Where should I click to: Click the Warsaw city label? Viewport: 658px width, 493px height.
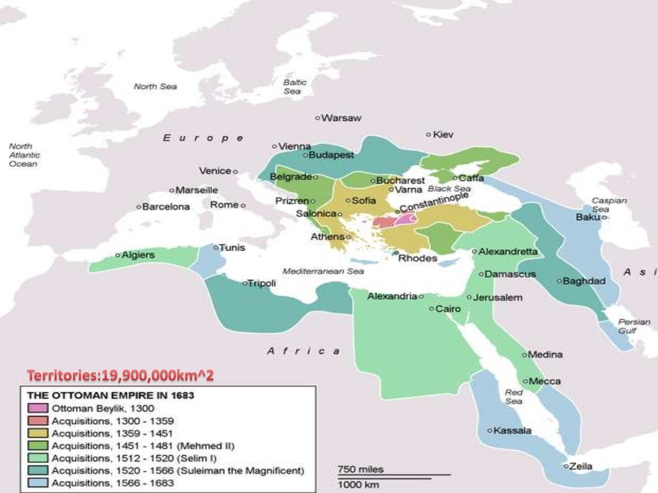341,118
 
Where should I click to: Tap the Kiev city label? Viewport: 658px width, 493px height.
443,135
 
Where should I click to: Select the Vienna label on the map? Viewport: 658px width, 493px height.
294,146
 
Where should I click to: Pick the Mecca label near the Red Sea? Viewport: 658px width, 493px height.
544,381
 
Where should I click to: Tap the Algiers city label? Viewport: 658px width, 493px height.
138,255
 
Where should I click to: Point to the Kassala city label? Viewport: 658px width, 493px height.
512,431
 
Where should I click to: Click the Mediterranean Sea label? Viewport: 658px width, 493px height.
323,272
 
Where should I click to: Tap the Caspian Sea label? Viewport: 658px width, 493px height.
609,205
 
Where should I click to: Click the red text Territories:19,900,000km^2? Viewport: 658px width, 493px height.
120,374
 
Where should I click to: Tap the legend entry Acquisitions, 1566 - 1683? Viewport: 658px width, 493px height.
112,483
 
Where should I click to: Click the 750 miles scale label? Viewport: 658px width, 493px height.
360,469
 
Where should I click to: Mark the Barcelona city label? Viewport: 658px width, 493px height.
166,207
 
